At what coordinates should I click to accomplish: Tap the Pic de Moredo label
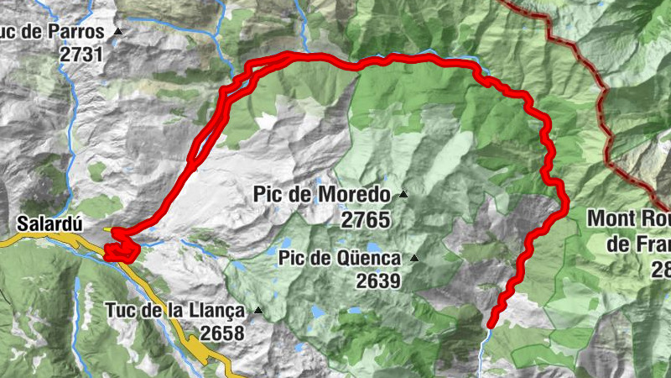[x=321, y=196]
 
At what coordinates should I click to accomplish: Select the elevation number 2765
[x=367, y=220]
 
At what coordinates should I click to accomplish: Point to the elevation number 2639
[x=378, y=281]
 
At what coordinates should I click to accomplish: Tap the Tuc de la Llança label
[x=175, y=310]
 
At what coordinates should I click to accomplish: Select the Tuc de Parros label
[x=55, y=33]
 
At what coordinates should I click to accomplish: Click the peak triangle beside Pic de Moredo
[x=403, y=195]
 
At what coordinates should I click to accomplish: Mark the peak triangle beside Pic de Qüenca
[x=414, y=258]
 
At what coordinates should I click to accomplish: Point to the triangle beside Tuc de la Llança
[x=258, y=311]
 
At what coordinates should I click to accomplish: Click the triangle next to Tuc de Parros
[x=118, y=32]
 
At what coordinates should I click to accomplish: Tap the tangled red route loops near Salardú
[x=119, y=244]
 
